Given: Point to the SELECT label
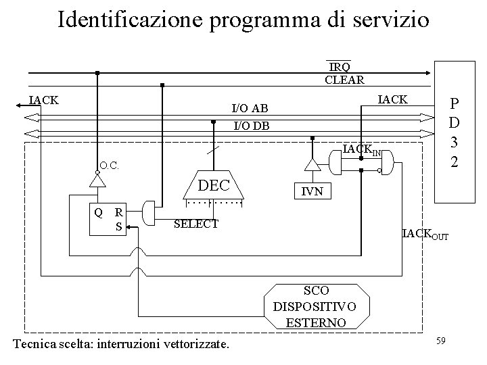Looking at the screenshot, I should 196,224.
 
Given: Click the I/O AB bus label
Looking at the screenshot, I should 250,108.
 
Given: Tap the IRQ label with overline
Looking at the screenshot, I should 340,66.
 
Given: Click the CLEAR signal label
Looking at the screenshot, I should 344,79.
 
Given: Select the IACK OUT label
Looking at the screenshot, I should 425,235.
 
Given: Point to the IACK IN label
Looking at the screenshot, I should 362,149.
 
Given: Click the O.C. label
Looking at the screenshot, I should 108,164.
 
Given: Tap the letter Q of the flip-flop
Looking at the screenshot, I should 99,212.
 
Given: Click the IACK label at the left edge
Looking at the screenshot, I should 43,101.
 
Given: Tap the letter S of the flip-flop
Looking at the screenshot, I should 119,226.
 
